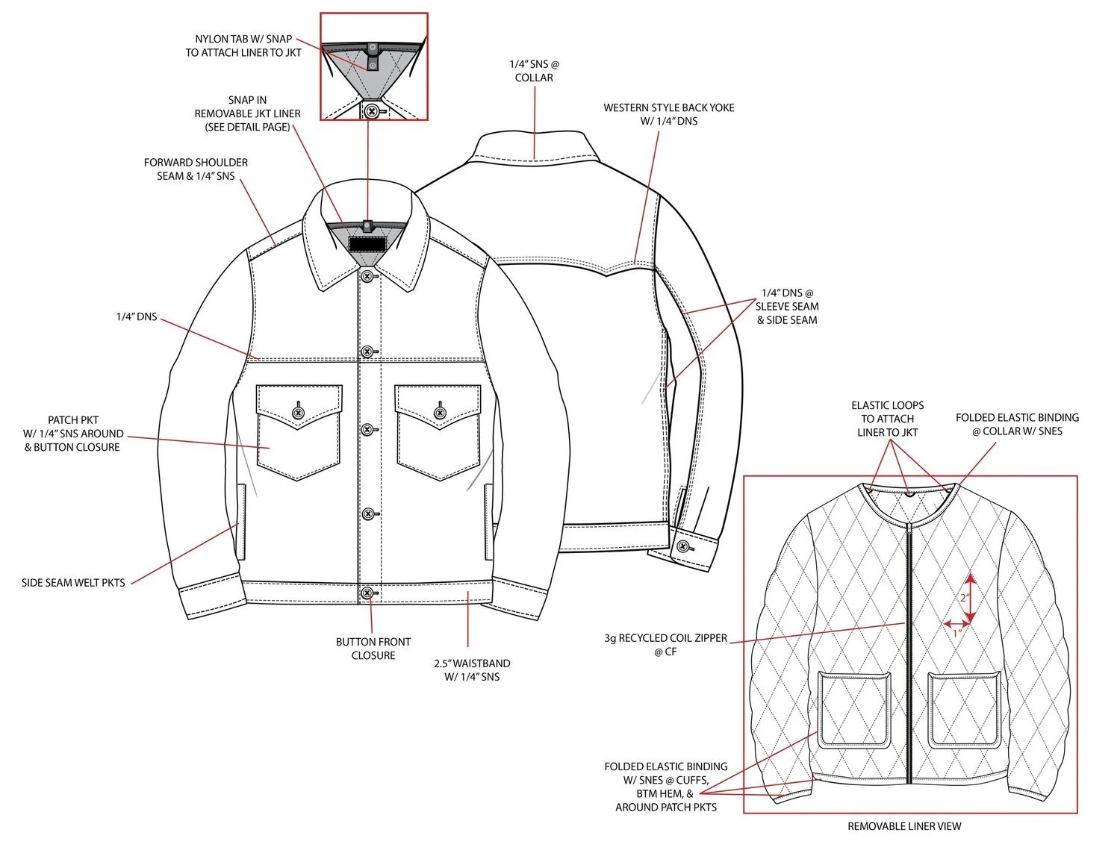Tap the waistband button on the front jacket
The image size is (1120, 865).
pos(367,593)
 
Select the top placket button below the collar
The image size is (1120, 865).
pos(367,277)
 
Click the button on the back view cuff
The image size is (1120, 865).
pos(683,546)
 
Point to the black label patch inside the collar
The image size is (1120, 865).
pos(367,244)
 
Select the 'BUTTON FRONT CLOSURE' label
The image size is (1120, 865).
pos(373,649)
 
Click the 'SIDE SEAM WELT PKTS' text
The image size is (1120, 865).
pos(73,583)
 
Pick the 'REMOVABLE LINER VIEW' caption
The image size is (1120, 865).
pos(904,826)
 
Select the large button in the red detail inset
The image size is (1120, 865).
pos(372,110)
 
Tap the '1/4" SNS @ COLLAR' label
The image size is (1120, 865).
pos(534,71)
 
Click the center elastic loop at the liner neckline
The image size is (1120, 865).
pos(910,493)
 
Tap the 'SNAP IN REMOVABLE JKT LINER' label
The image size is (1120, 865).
pos(247,113)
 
